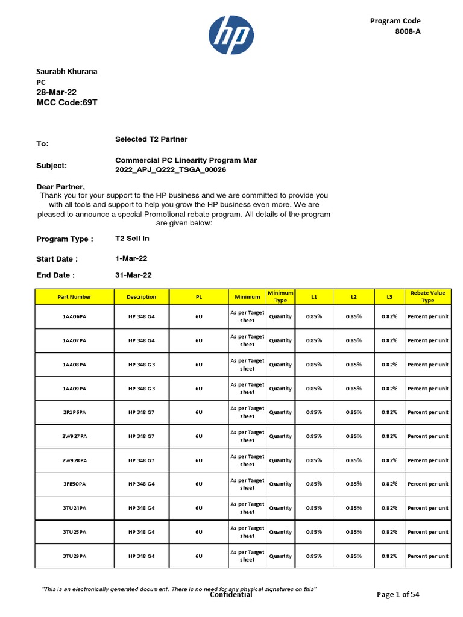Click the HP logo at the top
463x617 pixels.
point(231,34)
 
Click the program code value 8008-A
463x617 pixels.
point(408,32)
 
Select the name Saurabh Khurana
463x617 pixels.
point(67,71)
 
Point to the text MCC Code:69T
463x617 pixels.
point(67,104)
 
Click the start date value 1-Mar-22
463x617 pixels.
point(131,258)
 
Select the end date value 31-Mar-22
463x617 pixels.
point(133,275)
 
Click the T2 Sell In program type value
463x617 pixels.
point(132,239)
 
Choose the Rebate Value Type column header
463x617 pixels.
point(427,296)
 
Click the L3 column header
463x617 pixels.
point(389,297)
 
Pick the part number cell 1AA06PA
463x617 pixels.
point(74,317)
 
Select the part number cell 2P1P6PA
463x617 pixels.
point(74,413)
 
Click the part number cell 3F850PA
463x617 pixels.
point(74,484)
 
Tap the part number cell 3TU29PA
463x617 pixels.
point(74,556)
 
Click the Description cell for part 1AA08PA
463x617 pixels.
point(142,365)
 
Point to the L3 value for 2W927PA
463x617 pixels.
point(389,436)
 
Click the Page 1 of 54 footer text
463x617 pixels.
point(398,594)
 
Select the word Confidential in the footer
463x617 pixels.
point(231,595)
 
